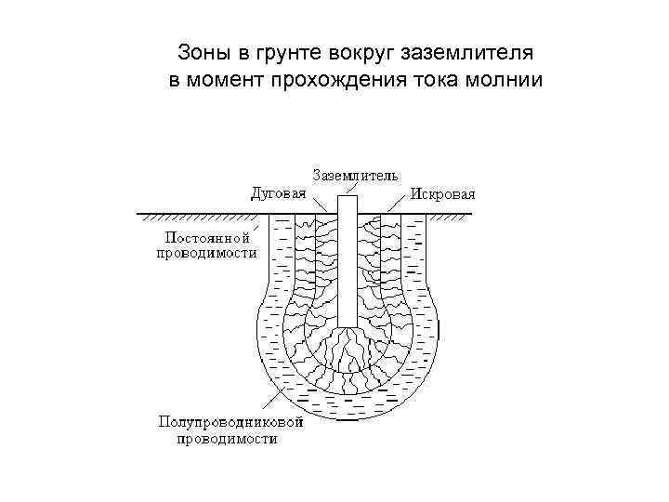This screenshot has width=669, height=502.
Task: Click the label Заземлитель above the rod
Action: [x=355, y=174]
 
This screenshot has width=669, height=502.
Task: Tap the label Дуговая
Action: [x=278, y=194]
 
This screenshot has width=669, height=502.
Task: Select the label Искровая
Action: [x=442, y=194]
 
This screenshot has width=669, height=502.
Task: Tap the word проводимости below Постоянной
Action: [x=206, y=253]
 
